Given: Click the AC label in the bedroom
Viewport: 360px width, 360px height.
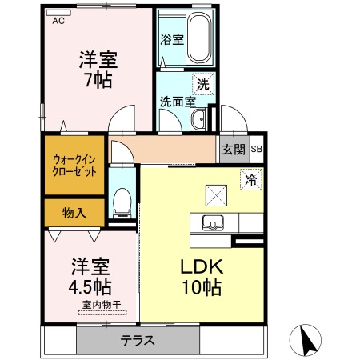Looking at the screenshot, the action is pos(58,21).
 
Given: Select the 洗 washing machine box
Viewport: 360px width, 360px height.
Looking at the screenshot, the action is pos(203,84).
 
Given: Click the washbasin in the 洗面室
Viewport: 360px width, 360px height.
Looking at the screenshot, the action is pos(198,119).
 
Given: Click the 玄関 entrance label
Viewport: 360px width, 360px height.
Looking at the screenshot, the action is pos(234,149).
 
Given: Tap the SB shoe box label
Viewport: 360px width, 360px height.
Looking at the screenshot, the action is pos(257,149).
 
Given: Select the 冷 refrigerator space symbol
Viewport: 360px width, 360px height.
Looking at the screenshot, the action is pos(251,179).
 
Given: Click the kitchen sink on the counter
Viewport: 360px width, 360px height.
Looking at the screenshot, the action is pos(213,222).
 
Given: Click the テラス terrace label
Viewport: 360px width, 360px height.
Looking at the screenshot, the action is pos(138,341).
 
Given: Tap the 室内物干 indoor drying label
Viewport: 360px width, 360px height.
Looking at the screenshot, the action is pos(102,305).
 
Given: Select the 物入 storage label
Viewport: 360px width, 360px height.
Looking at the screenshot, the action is pos(74,213).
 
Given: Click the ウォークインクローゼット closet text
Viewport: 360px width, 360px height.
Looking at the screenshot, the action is pos(74,166).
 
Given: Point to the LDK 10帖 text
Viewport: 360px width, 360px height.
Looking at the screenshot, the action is pos(202,277).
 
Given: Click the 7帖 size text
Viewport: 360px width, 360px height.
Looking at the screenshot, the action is pos(98,80).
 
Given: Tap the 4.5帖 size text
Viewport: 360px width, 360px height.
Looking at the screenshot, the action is pos(90,286).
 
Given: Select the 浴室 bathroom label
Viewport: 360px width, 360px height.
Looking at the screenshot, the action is pos(172,40).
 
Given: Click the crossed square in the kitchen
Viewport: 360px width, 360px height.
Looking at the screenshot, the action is pos(216,195).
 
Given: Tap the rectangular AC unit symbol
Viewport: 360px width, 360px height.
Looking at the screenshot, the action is pos(58,13).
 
